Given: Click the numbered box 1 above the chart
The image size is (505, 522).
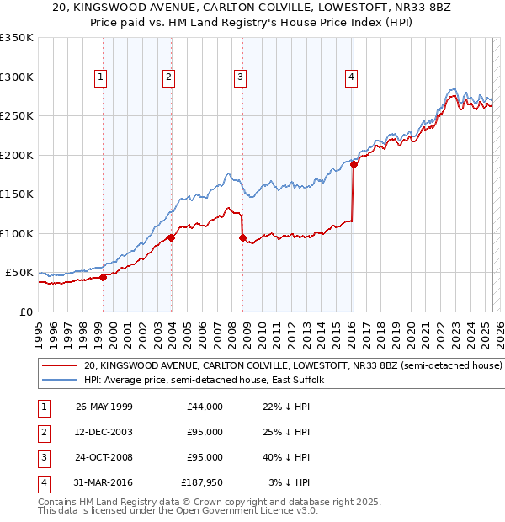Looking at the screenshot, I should [101, 77].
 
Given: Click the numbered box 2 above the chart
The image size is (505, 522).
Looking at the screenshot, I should [169, 77].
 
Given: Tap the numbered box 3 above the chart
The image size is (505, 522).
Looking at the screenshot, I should [240, 77].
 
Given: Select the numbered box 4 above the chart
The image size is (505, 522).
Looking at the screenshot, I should [350, 77].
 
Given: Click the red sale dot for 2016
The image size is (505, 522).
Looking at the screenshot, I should [353, 164].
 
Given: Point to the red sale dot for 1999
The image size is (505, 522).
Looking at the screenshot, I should [103, 277].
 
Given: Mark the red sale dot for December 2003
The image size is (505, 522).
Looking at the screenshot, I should [171, 237].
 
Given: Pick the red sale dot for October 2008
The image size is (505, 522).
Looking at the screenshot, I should [242, 237].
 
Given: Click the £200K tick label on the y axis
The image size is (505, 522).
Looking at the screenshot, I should [17, 155].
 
